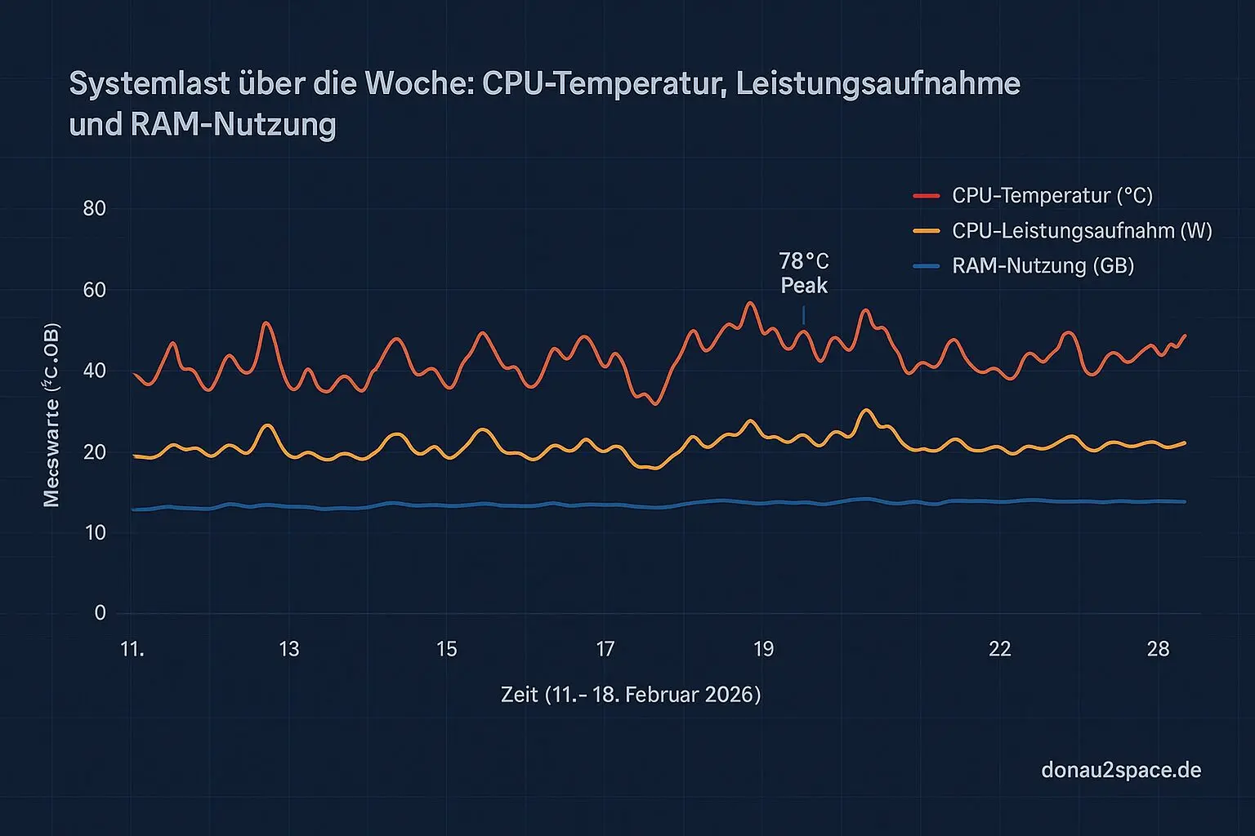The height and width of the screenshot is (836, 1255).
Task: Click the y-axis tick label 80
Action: (95, 208)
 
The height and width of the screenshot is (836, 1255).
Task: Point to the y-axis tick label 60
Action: (95, 290)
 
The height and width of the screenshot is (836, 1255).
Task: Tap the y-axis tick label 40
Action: (95, 371)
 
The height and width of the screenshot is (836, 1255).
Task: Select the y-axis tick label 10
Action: (95, 532)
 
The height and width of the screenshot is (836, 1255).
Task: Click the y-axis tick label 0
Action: (100, 612)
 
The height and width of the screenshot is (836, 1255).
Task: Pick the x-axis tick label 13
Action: (289, 649)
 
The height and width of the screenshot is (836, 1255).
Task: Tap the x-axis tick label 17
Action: (605, 649)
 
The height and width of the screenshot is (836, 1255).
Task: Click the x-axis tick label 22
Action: (999, 649)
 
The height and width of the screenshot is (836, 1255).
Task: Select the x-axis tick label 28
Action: (1158, 649)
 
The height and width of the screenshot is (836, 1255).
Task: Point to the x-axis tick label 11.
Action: (132, 649)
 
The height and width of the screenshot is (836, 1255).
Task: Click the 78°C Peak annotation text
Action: (804, 273)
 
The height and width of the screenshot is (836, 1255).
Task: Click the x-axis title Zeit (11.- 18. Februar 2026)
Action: (630, 695)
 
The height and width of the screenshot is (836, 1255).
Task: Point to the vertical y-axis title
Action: (51, 415)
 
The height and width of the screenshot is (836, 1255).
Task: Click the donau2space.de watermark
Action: (1121, 770)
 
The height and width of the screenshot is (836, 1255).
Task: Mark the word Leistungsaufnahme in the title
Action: (878, 84)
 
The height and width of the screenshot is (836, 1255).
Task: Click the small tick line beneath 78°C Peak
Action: (804, 315)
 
